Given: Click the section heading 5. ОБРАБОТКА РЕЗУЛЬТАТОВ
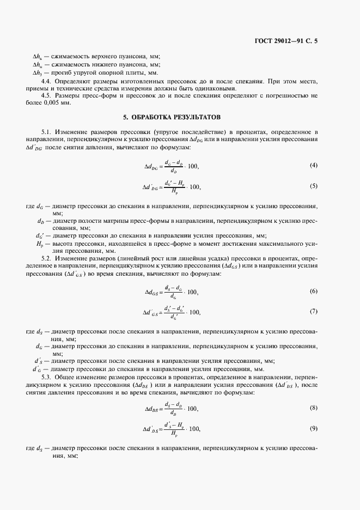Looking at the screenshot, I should click(x=179, y=117).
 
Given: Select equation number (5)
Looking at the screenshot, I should click(x=313, y=186).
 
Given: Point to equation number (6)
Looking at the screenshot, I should click(x=313, y=291).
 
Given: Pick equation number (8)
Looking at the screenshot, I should click(x=313, y=408).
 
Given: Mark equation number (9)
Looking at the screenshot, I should click(x=313, y=428).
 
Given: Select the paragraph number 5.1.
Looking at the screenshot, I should click(x=47, y=132).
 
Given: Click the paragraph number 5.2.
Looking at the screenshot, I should click(x=47, y=258).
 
